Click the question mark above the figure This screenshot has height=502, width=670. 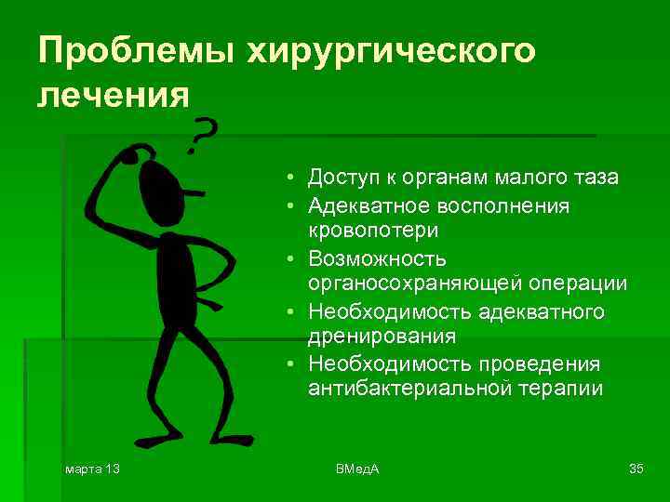point(202,138)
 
